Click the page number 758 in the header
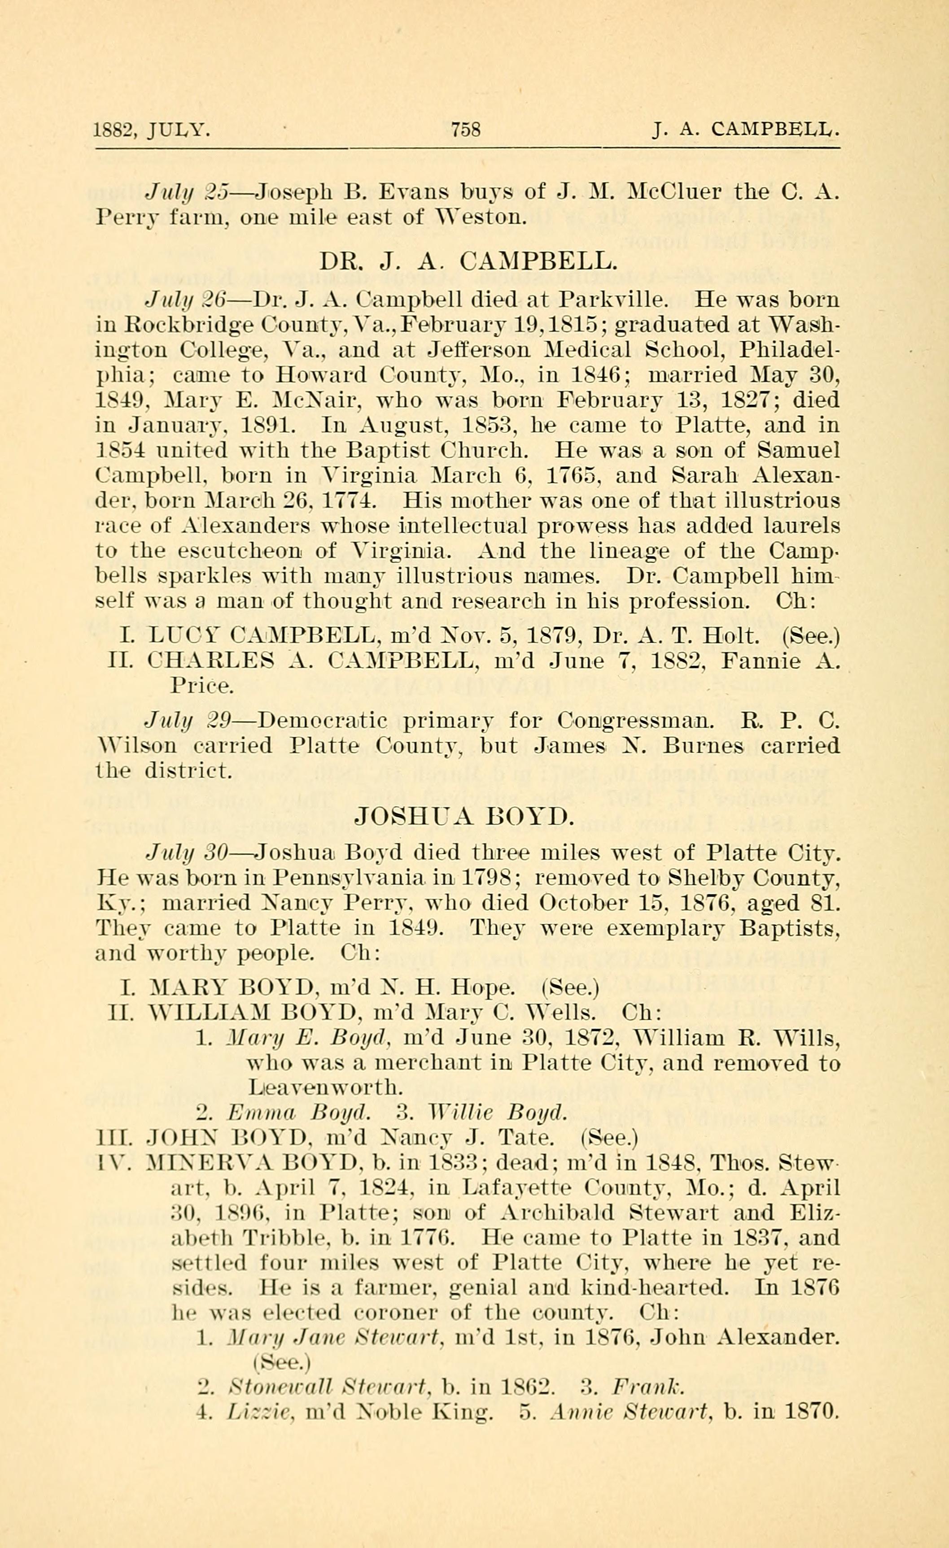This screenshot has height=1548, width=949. (x=466, y=130)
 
